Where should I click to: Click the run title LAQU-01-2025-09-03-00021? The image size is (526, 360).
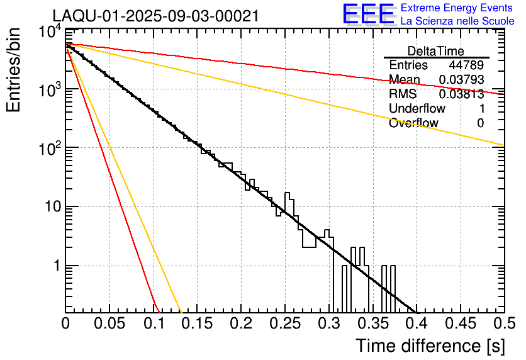155,16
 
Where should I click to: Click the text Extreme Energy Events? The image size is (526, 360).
457,8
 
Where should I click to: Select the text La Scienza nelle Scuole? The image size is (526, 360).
457,21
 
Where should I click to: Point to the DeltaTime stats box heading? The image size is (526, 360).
436,51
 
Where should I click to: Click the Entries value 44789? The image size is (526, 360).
466,65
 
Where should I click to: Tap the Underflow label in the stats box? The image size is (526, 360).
417,109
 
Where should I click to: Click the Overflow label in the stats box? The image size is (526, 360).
413,123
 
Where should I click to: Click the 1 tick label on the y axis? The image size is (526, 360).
54,266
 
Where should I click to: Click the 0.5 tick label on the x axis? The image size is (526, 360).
503,323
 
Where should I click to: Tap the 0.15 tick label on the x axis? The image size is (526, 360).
197,323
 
